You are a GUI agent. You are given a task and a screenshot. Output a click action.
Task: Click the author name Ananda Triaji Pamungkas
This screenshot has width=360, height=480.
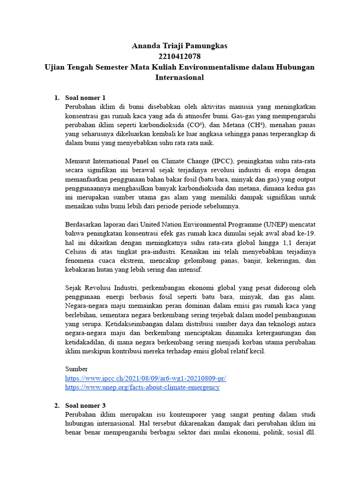180,46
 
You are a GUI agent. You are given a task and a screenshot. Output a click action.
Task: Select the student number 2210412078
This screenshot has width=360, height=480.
180,56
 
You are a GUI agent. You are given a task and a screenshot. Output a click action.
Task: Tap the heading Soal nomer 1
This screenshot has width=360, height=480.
86,97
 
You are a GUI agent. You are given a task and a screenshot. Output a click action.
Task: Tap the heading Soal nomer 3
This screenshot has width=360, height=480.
86,405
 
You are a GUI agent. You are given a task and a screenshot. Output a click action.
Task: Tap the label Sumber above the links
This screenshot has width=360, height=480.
76,369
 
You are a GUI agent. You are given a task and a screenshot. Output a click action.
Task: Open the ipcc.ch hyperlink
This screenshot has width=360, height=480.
146,378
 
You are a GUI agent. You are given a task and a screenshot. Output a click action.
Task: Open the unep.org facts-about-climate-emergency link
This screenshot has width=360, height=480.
142,388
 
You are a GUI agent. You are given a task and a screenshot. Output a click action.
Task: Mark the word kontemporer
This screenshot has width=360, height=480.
210,415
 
